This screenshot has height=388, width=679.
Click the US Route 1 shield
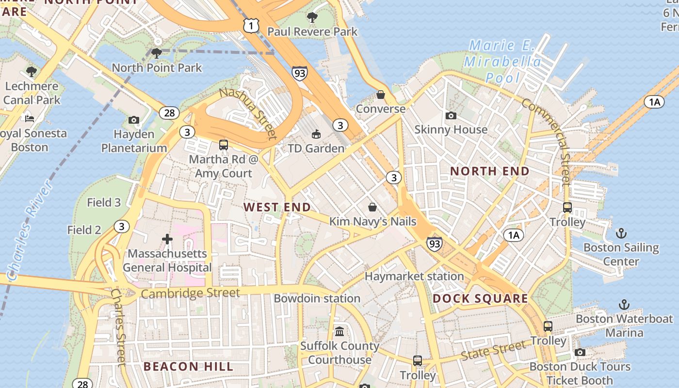(251, 26)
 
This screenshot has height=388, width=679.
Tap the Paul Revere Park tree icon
(312, 17)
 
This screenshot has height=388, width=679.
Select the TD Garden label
(316, 148)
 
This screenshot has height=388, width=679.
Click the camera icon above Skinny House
(451, 115)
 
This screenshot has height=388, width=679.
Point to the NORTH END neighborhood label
(490, 171)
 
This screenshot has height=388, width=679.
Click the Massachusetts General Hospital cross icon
(167, 239)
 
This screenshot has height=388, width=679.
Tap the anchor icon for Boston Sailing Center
(621, 234)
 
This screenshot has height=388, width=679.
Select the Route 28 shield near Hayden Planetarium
(169, 113)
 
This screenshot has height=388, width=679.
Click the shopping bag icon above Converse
(381, 95)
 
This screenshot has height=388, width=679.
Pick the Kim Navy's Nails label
(372, 222)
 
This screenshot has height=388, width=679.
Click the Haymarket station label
(414, 276)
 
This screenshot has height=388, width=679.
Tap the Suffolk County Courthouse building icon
(339, 332)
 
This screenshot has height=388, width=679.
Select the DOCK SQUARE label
(480, 298)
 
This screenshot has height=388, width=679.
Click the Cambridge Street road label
(191, 293)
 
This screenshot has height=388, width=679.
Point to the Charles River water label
(30, 230)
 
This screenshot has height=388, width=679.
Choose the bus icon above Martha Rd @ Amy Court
(224, 145)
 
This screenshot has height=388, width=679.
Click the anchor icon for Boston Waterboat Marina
(624, 305)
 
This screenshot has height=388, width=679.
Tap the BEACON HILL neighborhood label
(189, 367)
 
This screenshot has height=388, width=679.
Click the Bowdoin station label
(317, 298)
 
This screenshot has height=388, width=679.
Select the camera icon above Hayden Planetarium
(134, 120)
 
